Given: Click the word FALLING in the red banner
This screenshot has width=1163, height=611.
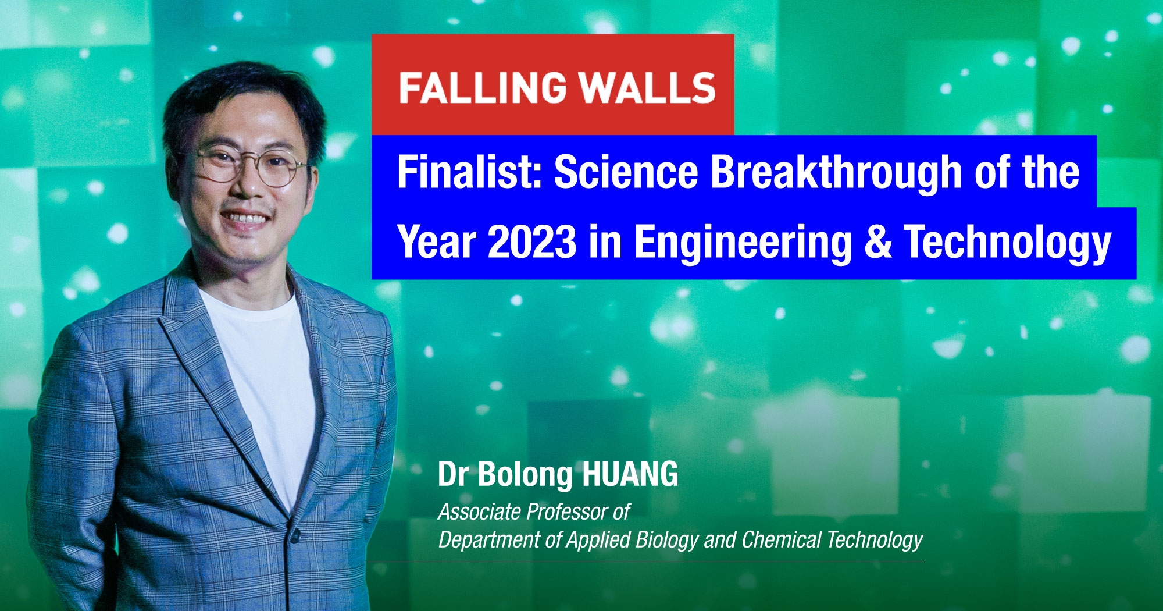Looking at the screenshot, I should (483, 88).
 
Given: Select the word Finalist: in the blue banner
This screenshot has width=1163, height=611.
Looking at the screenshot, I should (469, 172).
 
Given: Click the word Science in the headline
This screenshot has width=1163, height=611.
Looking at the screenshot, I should (625, 172).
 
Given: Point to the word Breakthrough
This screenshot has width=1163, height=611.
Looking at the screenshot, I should (836, 173).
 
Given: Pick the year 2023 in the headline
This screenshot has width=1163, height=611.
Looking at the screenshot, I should (531, 242).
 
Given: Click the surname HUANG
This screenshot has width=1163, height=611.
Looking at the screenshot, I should (630, 474).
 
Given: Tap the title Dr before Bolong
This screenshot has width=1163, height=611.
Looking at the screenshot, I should (453, 474).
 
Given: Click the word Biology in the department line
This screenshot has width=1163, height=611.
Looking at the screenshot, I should (666, 540).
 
